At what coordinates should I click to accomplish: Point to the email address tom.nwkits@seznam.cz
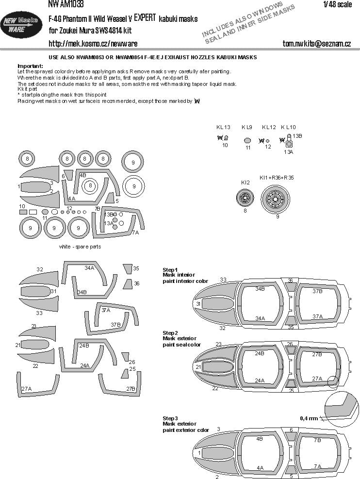(x=316, y=44)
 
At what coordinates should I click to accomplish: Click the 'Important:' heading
(x=30, y=66)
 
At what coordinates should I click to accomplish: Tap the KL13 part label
(x=223, y=127)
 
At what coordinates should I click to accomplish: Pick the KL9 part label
(x=247, y=127)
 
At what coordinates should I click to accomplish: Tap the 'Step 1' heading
(x=170, y=269)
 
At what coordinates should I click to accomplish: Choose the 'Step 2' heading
(x=170, y=333)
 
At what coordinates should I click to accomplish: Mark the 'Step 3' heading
(x=170, y=418)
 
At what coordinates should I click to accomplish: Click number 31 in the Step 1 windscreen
(x=198, y=304)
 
